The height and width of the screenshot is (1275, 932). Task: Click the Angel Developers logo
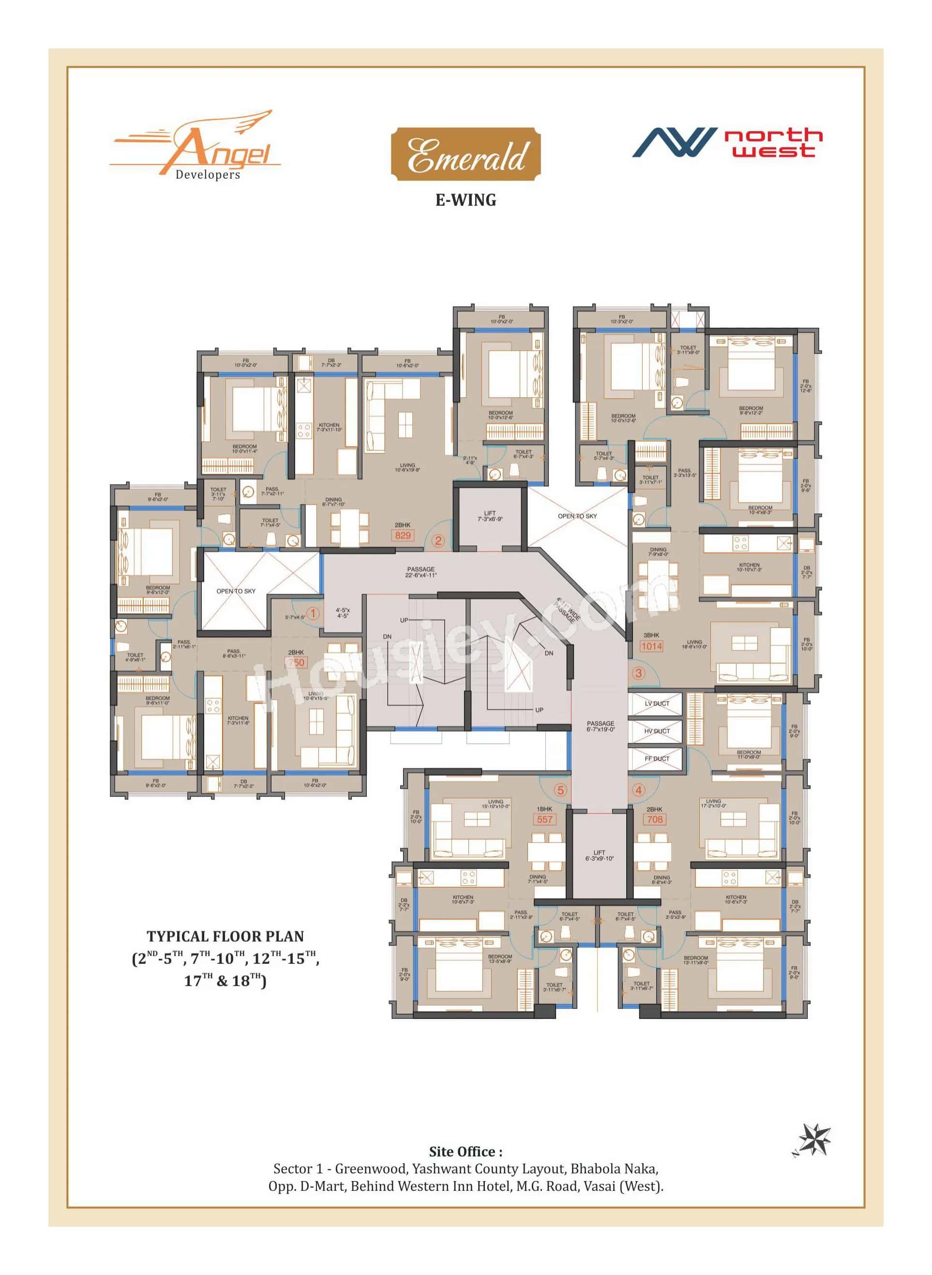coord(195,146)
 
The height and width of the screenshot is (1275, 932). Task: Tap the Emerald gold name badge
coord(466,154)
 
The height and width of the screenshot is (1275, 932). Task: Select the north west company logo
coord(727,143)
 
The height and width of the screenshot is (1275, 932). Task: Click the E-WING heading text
coord(466,200)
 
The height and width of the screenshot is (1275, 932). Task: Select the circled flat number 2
coord(438,540)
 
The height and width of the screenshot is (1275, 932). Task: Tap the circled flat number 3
coord(639,673)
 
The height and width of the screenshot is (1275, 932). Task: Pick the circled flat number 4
coord(638,790)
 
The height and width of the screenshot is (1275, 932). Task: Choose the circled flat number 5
coord(560,790)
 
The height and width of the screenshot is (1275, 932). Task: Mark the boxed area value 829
coord(403,535)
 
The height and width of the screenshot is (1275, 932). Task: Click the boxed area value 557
coord(544,819)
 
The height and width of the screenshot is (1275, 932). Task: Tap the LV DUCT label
coord(657,704)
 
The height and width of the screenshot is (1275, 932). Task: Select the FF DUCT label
coord(657,759)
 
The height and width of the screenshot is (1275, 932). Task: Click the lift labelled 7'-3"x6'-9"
coord(490,516)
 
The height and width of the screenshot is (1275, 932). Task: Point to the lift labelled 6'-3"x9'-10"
coord(599,855)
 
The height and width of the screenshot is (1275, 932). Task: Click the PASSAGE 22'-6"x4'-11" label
coord(421,572)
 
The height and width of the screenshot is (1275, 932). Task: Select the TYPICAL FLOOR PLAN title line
coord(225,936)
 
